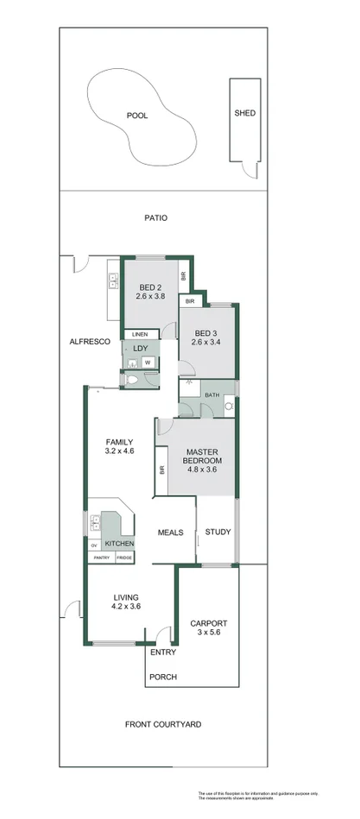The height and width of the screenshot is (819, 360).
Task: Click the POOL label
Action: [137, 115]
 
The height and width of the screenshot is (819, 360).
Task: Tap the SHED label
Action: [245, 113]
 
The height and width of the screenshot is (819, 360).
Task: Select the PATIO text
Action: [155, 218]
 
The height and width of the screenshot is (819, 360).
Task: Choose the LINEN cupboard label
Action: [141, 334]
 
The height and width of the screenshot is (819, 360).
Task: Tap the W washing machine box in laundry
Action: [147, 362]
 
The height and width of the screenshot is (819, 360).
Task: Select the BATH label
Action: [212, 394]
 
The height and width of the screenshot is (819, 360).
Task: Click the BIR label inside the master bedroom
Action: [161, 471]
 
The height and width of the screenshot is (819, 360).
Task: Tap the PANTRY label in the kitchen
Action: [101, 558]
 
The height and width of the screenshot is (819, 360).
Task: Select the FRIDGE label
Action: [124, 558]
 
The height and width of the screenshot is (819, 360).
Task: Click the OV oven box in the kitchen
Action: [94, 545]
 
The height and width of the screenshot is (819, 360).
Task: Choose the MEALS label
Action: [170, 532]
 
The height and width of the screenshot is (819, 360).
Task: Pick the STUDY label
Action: [218, 532]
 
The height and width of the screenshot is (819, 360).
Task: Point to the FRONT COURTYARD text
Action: [163, 724]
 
